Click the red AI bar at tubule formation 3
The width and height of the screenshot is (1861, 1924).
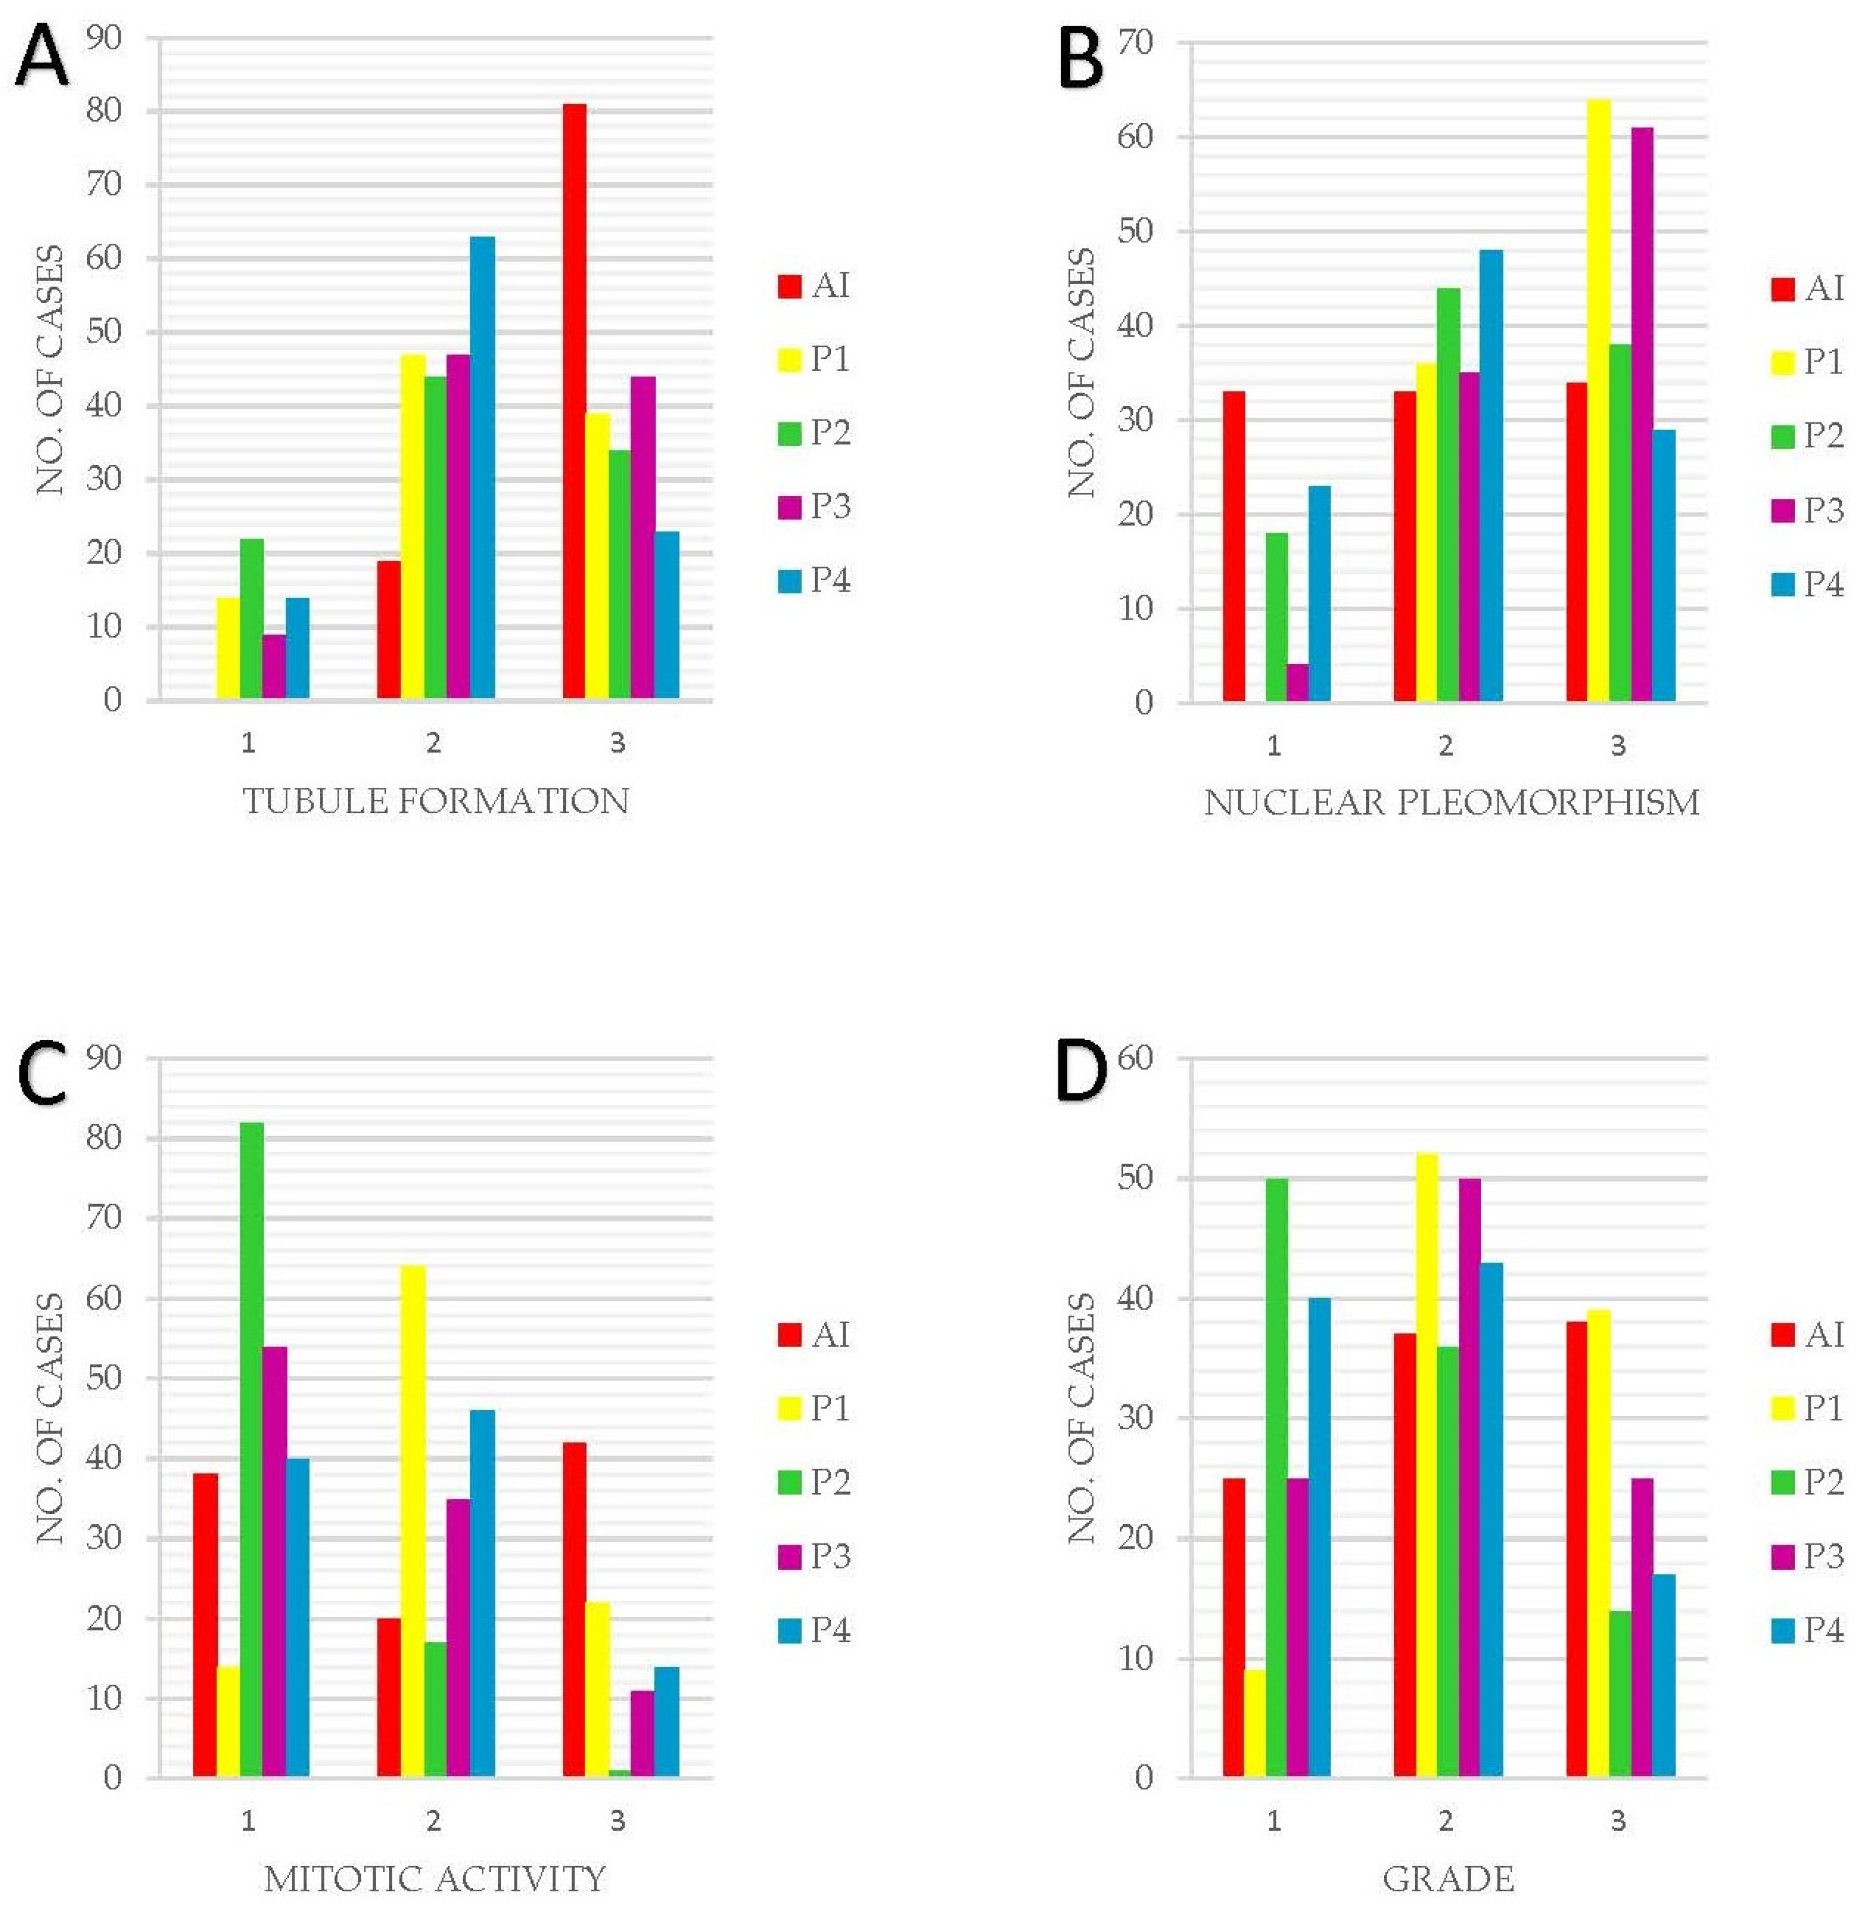click(574, 402)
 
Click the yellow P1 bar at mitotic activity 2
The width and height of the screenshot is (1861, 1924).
click(412, 1522)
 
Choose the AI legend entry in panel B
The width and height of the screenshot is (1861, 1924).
click(1807, 288)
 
